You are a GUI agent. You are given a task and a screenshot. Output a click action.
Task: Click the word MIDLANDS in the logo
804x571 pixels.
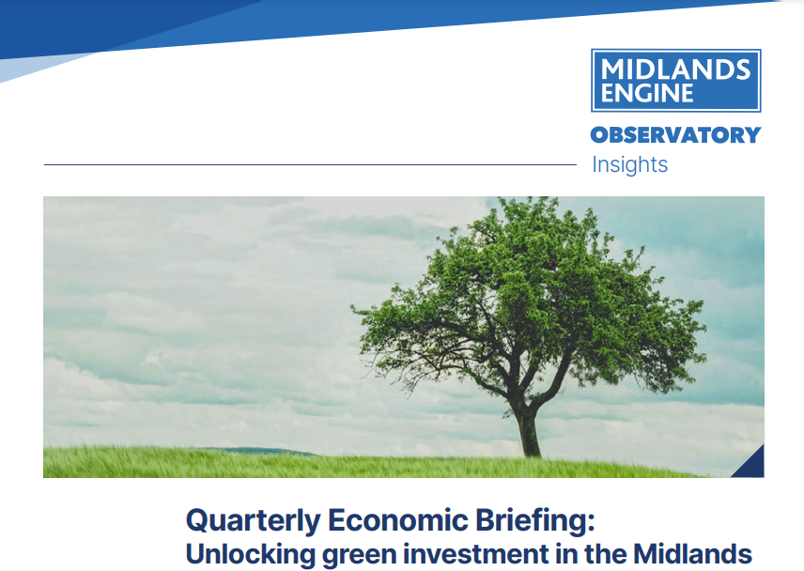coord(675,69)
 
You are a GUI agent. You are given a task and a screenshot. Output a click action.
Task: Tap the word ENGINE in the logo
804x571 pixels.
coord(647,93)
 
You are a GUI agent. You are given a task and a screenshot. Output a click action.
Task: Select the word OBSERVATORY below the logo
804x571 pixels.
coord(675,135)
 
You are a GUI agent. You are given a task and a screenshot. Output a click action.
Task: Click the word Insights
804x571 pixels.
coord(629,164)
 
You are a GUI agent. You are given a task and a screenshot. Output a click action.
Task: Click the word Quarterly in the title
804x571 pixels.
coord(254,521)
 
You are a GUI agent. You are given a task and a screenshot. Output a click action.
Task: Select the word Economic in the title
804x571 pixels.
coord(398,519)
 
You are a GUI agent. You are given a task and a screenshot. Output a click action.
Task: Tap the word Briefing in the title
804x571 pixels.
coord(532,521)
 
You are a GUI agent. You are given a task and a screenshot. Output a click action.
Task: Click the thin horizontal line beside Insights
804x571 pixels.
coord(310,164)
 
